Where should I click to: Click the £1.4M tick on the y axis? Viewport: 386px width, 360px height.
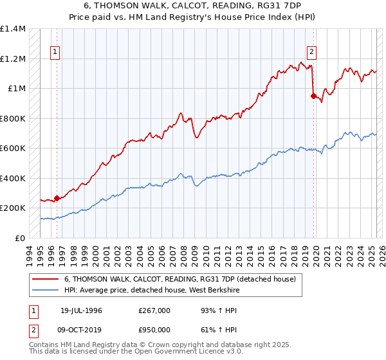pos(13,29)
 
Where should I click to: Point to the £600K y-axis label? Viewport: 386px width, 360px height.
pos(13,148)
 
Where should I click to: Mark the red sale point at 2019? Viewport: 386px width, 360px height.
pos(313,96)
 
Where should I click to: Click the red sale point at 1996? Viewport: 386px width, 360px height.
pos(57,198)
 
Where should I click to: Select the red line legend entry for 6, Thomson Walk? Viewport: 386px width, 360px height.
pos(179,280)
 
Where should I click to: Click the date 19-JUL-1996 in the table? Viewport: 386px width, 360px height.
pos(81,310)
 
